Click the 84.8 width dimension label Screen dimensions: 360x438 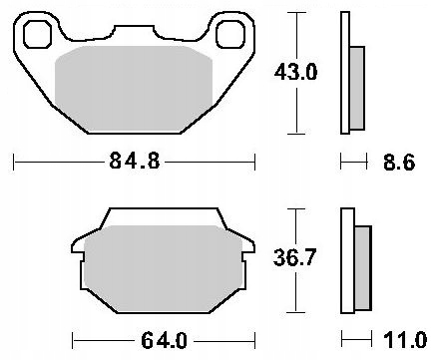click(x=134, y=161)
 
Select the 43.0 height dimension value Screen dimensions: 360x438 click(x=298, y=72)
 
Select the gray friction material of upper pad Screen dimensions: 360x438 click(x=134, y=90)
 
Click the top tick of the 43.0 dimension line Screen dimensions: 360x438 click(x=297, y=12)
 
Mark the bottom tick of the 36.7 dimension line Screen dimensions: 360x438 click(x=297, y=311)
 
